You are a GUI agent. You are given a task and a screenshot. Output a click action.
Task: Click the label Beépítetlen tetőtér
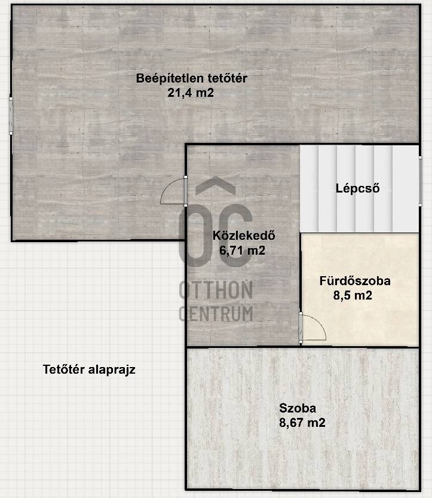pyautogui.click(x=191, y=78)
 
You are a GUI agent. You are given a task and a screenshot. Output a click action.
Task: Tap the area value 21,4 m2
pyautogui.click(x=191, y=93)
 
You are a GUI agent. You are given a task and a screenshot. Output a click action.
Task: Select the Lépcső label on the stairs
pyautogui.click(x=358, y=188)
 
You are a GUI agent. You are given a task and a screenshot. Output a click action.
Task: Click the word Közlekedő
pyautogui.click(x=244, y=236)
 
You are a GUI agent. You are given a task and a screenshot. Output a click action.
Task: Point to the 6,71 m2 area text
pyautogui.click(x=242, y=250)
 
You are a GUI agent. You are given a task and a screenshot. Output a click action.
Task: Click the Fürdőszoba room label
pyautogui.click(x=355, y=281)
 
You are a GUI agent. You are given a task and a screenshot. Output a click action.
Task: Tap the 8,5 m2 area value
pyautogui.click(x=353, y=295)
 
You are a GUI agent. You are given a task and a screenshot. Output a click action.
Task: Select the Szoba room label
pyautogui.click(x=298, y=408)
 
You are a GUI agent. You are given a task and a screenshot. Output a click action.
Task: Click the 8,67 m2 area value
pyautogui.click(x=302, y=423)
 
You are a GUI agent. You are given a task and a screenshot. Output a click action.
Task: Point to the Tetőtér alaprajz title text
pyautogui.click(x=89, y=369)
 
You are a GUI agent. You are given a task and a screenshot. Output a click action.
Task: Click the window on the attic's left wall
pyautogui.click(x=11, y=116)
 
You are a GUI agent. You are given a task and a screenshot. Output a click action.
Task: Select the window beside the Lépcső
pyautogui.click(x=421, y=181)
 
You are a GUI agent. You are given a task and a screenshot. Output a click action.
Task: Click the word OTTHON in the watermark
pyautogui.click(x=216, y=289)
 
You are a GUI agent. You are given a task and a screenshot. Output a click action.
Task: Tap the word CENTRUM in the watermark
pyautogui.click(x=216, y=313)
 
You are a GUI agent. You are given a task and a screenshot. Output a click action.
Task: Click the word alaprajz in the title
pyautogui.click(x=112, y=370)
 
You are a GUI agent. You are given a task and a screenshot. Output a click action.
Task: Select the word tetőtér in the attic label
pyautogui.click(x=228, y=78)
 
